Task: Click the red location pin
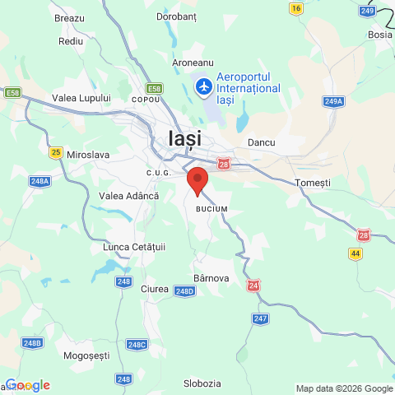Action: pyautogui.click(x=197, y=179)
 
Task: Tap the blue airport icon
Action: pyautogui.click(x=203, y=85)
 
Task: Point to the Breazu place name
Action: pyautogui.click(x=69, y=17)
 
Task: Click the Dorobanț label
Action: pyautogui.click(x=179, y=16)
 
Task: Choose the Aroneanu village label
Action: pyautogui.click(x=193, y=63)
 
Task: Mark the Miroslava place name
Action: pyautogui.click(x=88, y=154)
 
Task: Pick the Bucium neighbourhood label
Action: pyautogui.click(x=211, y=209)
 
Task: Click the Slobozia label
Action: pyautogui.click(x=202, y=383)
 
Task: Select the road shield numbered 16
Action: pyautogui.click(x=296, y=7)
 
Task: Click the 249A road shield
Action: pyautogui.click(x=333, y=101)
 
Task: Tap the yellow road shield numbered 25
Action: pyautogui.click(x=56, y=151)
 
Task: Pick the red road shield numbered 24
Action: pyautogui.click(x=253, y=285)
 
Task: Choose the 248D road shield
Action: pyautogui.click(x=184, y=290)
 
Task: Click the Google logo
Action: pyautogui.click(x=27, y=385)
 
